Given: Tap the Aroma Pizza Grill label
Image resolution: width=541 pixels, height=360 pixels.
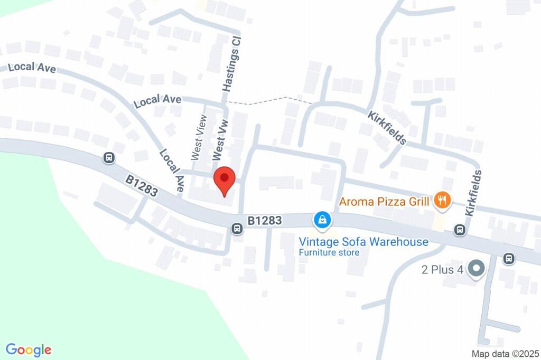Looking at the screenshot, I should (x=385, y=201).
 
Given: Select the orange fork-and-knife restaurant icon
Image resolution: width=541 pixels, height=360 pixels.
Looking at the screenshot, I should (x=442, y=200).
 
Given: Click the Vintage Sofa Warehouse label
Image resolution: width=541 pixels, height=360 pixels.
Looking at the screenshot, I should (x=363, y=242).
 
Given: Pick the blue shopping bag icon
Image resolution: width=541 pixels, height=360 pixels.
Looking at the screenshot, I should (x=321, y=220).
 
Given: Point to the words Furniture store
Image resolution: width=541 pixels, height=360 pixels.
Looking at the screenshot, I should (x=329, y=252).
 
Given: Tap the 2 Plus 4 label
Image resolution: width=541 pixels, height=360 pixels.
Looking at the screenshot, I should (x=442, y=270).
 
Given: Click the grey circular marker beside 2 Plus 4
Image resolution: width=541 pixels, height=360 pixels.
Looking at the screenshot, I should (x=477, y=269).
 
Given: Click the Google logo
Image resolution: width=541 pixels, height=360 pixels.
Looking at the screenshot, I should (x=29, y=349).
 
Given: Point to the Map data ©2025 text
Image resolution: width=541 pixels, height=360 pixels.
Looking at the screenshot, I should (x=505, y=354).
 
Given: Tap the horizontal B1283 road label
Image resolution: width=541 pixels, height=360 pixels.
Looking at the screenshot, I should (x=265, y=220).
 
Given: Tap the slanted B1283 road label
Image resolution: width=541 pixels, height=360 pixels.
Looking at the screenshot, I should (x=142, y=186).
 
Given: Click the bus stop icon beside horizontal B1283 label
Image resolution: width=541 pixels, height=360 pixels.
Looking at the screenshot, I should (x=237, y=229).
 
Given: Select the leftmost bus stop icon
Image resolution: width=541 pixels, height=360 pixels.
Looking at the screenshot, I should (x=109, y=157).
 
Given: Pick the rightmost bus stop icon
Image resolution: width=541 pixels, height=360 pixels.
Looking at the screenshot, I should (x=509, y=259).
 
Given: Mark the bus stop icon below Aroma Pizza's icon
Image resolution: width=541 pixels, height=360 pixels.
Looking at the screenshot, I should (x=460, y=230).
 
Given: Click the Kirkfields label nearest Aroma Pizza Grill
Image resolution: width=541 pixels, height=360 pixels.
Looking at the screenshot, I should (x=474, y=192).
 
